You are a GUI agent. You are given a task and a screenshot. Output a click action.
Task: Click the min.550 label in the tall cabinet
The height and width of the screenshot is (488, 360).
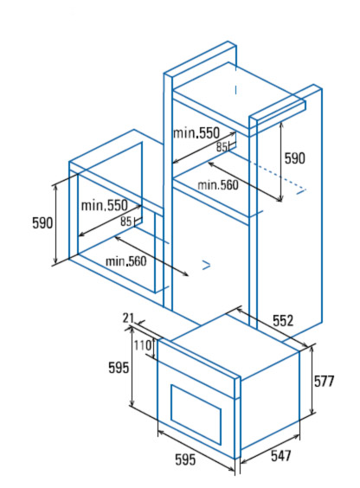[x=196, y=133]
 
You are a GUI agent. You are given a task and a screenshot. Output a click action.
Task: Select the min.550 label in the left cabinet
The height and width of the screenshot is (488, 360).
[x=104, y=205]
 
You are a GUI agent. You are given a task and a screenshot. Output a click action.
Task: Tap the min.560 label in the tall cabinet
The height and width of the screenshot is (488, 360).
[x=218, y=185]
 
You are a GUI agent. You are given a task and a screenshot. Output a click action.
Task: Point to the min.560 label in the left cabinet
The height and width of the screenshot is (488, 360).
[x=126, y=261]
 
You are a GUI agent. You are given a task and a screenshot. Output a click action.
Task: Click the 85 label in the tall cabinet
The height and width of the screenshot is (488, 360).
[x=222, y=147]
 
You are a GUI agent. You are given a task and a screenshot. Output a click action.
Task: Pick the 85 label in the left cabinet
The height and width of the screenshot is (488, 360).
[x=125, y=222]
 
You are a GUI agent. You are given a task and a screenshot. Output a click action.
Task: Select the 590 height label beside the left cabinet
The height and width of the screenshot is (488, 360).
[x=42, y=223]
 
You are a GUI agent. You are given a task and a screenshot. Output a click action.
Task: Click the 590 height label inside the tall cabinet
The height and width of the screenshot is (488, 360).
[x=295, y=158]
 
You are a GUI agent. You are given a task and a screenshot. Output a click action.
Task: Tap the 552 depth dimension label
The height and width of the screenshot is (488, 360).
[x=283, y=320]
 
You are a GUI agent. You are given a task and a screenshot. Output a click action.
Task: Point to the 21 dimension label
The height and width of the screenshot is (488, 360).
[x=128, y=318]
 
